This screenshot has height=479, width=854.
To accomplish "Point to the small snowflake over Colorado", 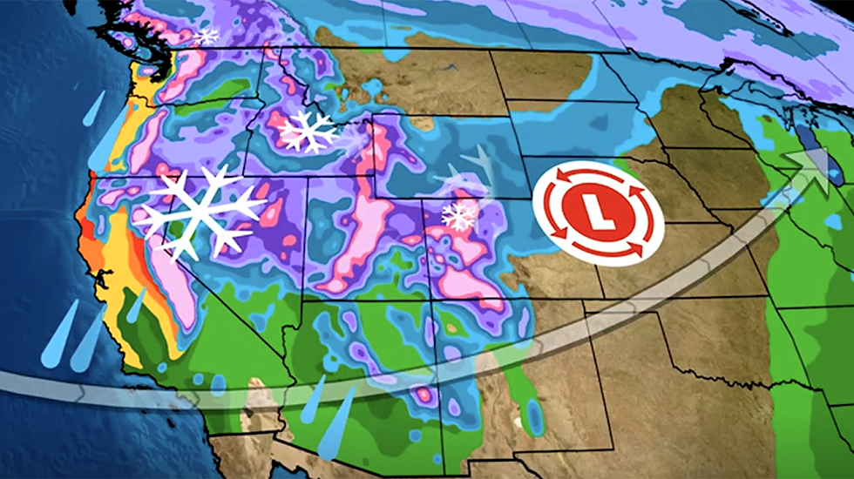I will pos(458,215).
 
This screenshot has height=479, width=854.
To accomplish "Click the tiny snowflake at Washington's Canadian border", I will pos(207,36).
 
